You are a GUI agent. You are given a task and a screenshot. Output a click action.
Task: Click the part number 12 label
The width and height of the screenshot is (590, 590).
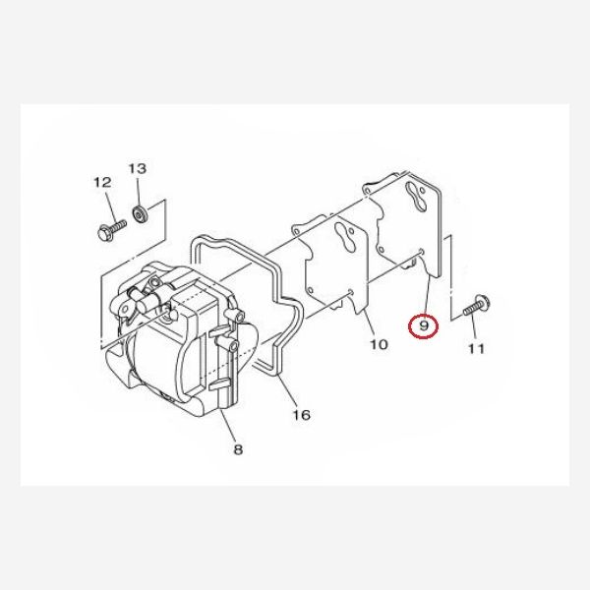tap(101, 182)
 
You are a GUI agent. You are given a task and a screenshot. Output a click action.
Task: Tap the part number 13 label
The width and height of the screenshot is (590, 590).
tap(137, 168)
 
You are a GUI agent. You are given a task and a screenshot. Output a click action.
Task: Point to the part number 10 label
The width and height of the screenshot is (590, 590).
tap(379, 344)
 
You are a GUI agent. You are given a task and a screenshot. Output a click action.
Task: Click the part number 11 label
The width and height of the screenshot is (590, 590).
tap(477, 348)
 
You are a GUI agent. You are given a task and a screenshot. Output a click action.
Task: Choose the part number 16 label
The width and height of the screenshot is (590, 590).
tap(301, 415)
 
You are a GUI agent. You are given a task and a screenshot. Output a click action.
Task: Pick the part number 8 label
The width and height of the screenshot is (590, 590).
tap(238, 450)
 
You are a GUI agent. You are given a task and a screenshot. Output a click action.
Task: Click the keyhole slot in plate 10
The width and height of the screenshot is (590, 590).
tap(343, 239)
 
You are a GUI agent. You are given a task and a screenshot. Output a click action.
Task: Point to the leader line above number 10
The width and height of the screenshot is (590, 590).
tap(370, 324)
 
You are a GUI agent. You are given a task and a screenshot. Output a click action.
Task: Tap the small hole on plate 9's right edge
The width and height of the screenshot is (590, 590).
tap(423, 253)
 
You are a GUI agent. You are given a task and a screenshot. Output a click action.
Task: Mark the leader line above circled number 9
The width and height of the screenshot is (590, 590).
tap(426, 295)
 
